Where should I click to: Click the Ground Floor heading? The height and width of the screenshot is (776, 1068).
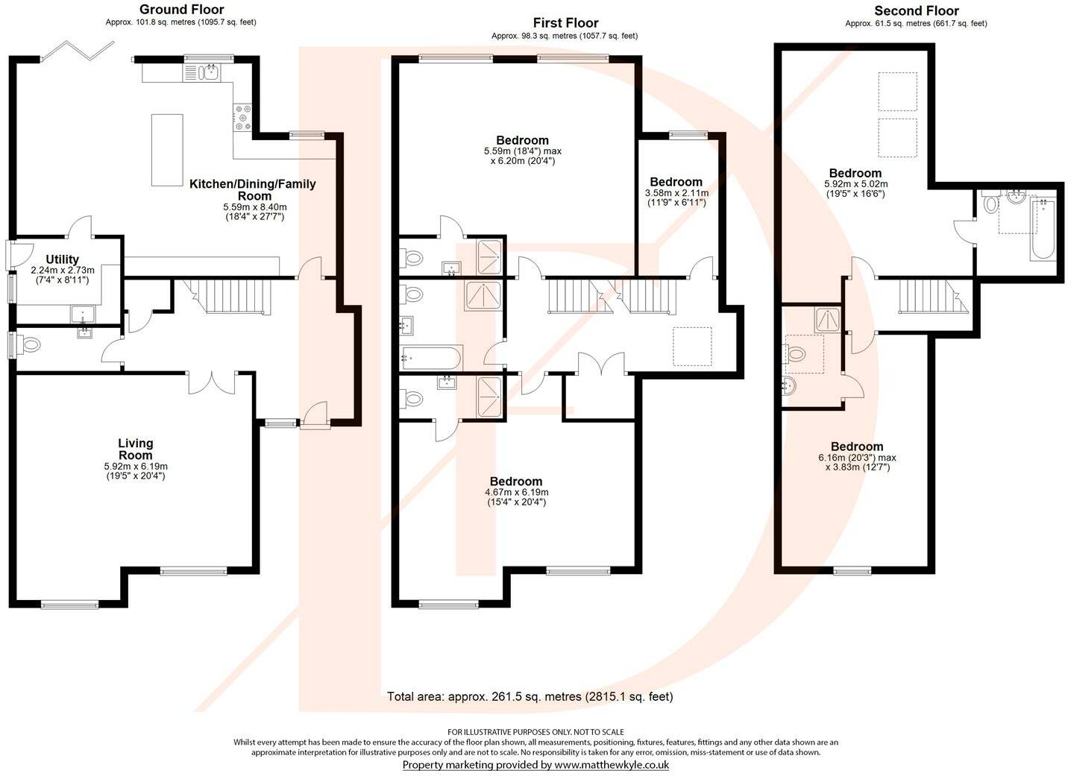[x=181, y=10]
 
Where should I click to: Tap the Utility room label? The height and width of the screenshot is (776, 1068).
[x=63, y=259]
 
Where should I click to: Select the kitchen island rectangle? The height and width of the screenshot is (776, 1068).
[x=167, y=149]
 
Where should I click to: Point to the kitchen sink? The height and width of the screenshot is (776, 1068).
[x=207, y=72]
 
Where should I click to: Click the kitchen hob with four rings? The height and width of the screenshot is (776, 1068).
[x=243, y=118]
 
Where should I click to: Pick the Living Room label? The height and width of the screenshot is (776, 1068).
[x=135, y=449]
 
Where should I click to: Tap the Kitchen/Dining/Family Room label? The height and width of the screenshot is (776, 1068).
[x=252, y=189]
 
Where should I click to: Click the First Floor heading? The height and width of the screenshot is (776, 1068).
[x=565, y=23]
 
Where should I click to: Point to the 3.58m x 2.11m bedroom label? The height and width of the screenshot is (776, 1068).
[x=676, y=182]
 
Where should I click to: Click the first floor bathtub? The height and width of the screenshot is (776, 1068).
[x=431, y=358]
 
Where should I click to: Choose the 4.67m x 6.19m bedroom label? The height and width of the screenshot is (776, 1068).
[x=516, y=482]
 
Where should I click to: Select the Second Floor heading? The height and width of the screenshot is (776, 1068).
[x=916, y=10]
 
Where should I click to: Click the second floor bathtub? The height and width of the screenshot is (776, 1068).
[x=1043, y=228]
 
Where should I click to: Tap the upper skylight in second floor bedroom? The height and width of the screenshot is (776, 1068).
[x=897, y=91]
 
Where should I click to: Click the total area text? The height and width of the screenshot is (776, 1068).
[x=530, y=697]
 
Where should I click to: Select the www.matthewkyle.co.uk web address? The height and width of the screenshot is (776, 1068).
[x=611, y=765]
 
